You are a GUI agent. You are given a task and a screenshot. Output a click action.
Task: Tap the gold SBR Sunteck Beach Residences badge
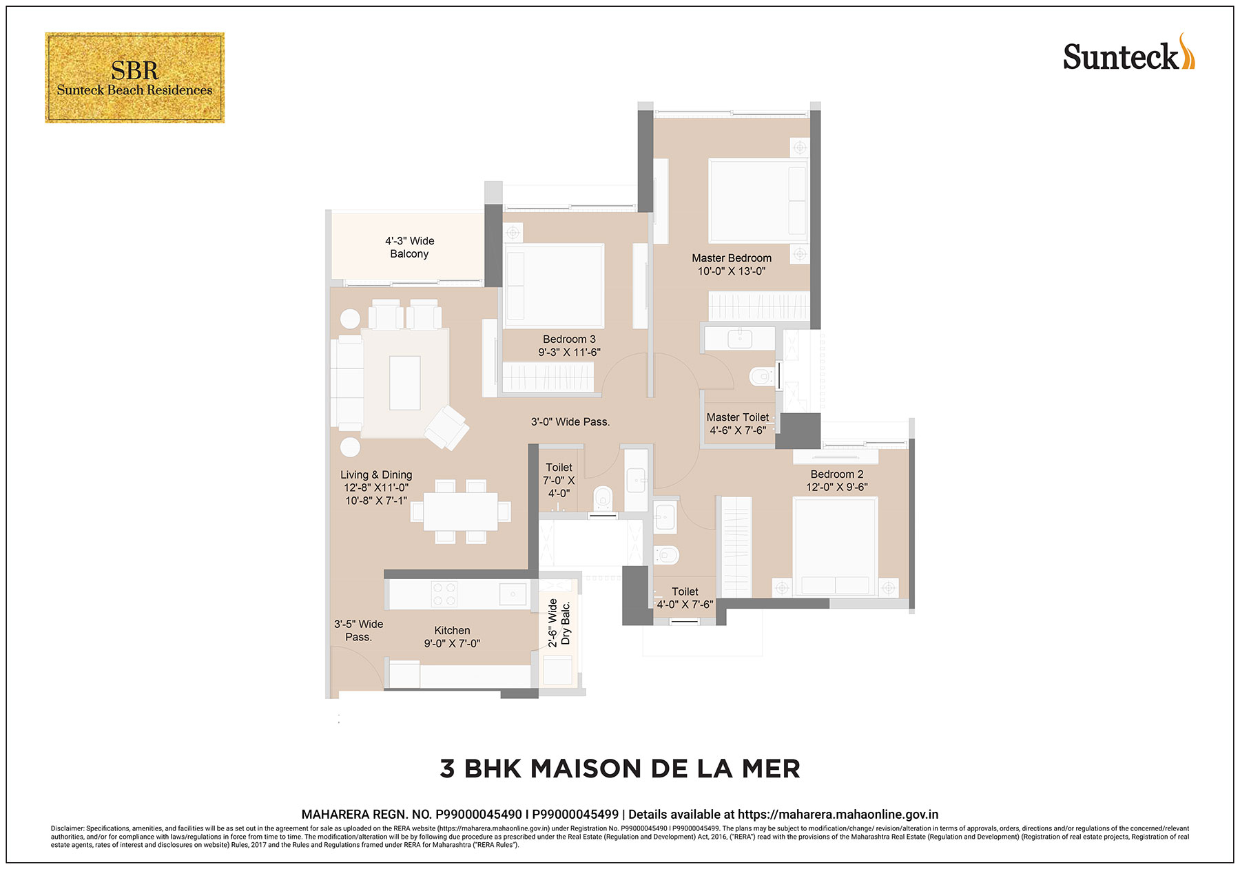coord(135,78)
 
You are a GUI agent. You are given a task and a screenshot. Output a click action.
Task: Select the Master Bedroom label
coord(732,258)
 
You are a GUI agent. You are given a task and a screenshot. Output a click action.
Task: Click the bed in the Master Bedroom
coord(758,200)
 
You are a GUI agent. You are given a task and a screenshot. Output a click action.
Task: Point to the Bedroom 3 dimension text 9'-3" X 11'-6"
coord(569,353)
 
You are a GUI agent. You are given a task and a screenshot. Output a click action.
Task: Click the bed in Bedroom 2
coord(835,547)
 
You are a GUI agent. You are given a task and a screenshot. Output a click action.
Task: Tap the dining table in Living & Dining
coord(461,511)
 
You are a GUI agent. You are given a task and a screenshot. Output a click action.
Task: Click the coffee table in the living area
coord(404,383)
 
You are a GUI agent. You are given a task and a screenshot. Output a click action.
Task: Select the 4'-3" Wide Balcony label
coord(409,247)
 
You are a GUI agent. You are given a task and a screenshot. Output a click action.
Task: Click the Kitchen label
coord(452,631)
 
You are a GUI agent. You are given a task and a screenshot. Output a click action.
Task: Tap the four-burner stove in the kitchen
coord(444,594)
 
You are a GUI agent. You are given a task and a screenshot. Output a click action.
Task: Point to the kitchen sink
coord(513,594)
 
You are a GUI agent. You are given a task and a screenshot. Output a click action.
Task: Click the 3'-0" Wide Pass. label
coord(570,422)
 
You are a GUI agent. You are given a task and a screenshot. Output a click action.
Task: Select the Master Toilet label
coord(738,417)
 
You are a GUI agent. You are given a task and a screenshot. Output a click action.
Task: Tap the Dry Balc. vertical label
coord(566,624)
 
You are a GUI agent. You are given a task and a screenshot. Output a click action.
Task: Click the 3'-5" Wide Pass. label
coord(358,631)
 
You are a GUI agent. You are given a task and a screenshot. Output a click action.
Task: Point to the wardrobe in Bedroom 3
coord(548,377)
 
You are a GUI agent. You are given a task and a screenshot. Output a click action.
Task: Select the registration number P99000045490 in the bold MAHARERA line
coord(479,815)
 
